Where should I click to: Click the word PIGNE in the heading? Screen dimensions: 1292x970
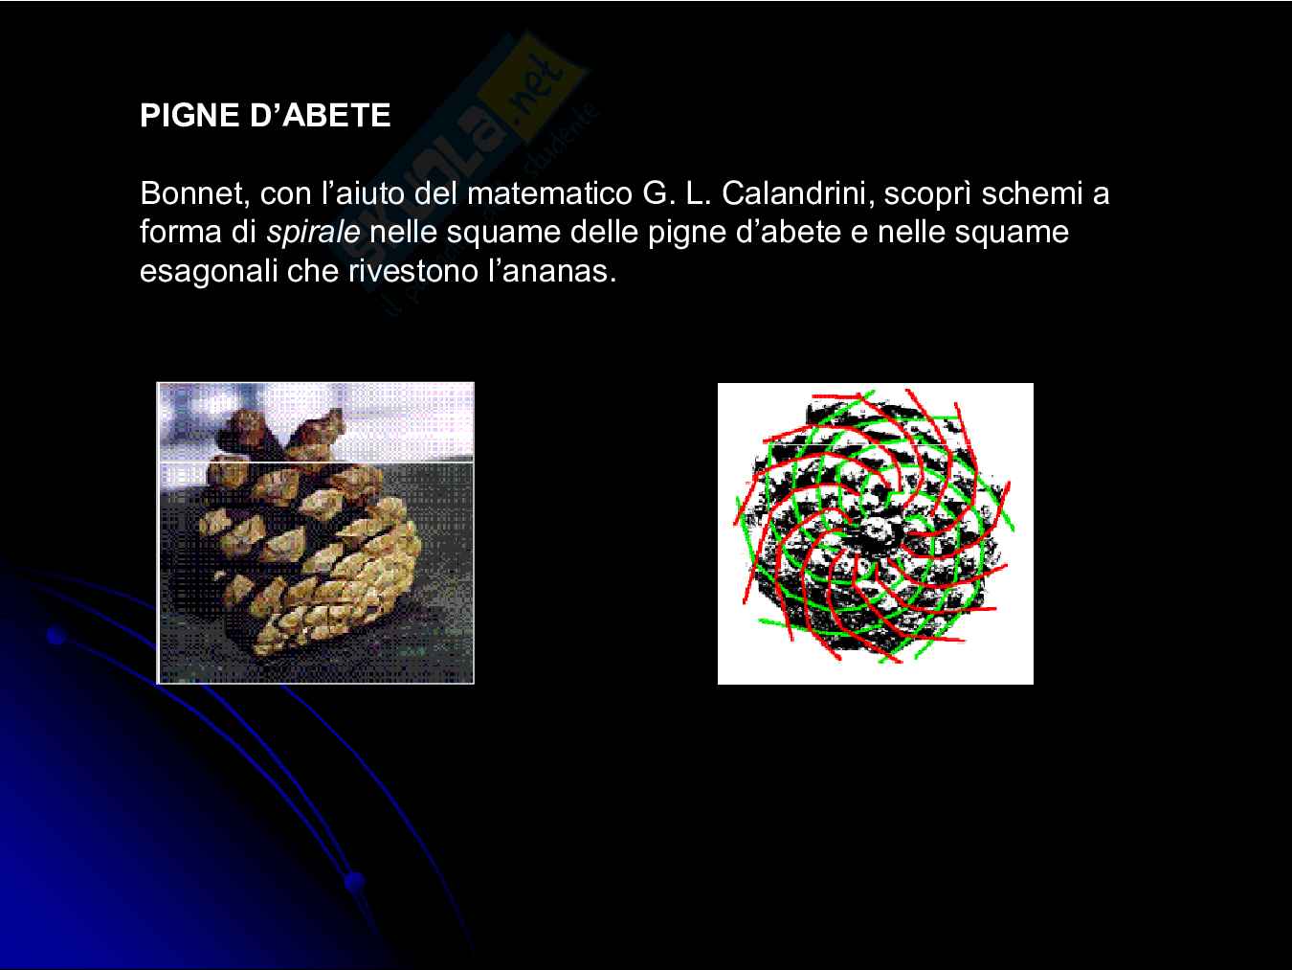pyautogui.click(x=189, y=115)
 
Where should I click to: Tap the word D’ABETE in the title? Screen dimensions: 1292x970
pyautogui.click(x=321, y=115)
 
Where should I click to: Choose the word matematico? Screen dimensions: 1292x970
pyautogui.click(x=549, y=193)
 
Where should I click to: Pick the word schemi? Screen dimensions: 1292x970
pyautogui.click(x=1033, y=193)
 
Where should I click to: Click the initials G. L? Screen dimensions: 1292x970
pyautogui.click(x=677, y=193)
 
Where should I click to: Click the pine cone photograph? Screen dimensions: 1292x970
pyautogui.click(x=316, y=533)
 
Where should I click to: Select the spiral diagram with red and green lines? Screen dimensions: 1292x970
pyautogui.click(x=876, y=533)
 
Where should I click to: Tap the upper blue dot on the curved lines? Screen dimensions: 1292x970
pyautogui.click(x=56, y=636)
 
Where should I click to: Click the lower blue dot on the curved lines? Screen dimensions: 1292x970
pyautogui.click(x=354, y=882)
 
